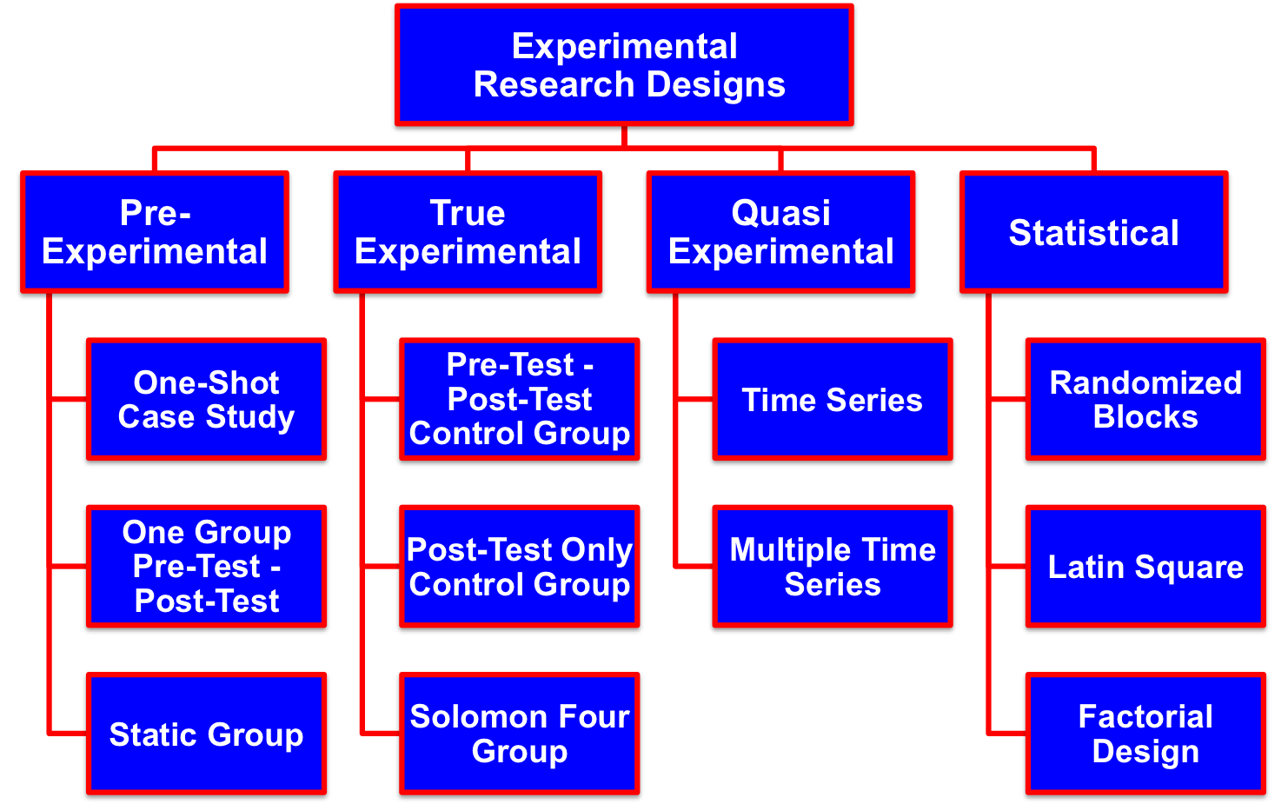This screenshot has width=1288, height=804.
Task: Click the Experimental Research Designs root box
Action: [x=624, y=65]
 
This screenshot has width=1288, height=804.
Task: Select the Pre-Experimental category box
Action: [x=155, y=232]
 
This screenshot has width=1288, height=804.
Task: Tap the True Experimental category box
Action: [x=468, y=232]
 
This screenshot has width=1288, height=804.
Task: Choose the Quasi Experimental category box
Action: [x=780, y=232]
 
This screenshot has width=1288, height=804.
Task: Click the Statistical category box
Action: [x=1093, y=232]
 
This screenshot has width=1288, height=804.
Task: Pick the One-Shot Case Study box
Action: [x=207, y=399]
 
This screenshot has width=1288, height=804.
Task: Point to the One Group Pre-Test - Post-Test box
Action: [x=207, y=566]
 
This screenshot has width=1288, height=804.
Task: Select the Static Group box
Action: [x=207, y=734]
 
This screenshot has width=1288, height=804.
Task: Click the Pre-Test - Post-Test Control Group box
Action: [x=520, y=399]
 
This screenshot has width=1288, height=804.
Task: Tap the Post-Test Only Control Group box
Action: [x=520, y=566]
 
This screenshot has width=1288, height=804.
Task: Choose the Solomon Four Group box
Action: [x=520, y=734]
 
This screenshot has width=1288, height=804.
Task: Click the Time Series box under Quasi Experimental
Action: [x=833, y=399]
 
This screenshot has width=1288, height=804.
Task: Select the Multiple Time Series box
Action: [x=833, y=566]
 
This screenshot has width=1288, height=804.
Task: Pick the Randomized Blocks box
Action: [x=1145, y=399]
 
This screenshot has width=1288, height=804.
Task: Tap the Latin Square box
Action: [x=1145, y=566]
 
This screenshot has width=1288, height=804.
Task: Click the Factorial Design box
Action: [x=1145, y=734]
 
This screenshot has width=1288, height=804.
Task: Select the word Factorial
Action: [x=1145, y=717]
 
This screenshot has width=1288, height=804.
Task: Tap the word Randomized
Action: [x=1145, y=383]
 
